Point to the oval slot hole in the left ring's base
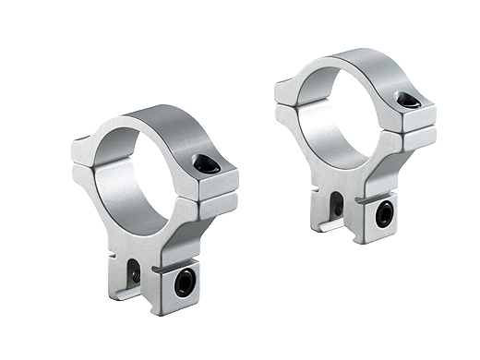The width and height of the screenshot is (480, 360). pos(135,271)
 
